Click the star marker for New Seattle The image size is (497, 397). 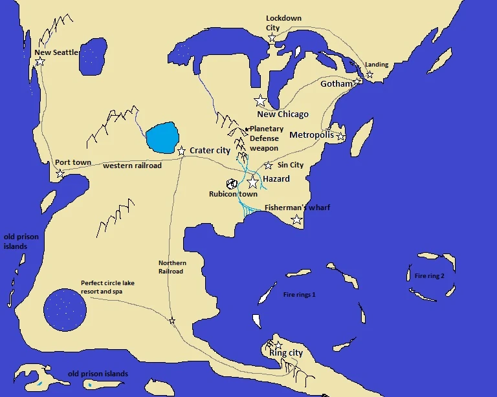coord(40,61)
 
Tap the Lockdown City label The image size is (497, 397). coord(283,23)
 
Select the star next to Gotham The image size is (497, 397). coord(357,82)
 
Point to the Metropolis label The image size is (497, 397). coord(311,135)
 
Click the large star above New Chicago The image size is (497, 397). coord(261,101)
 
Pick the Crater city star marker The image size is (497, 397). coord(182,150)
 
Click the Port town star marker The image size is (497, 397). coord(60,174)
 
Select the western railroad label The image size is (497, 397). coord(132,166)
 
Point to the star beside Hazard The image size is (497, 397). coord(252,182)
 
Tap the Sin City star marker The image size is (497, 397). coord(269,166)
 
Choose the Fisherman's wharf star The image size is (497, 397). coord(296,220)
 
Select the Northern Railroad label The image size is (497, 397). coord(172,267)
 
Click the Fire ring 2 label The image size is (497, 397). coord(430,275)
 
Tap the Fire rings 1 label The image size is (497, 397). coord(299,295)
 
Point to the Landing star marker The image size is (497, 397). coord(370,75)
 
